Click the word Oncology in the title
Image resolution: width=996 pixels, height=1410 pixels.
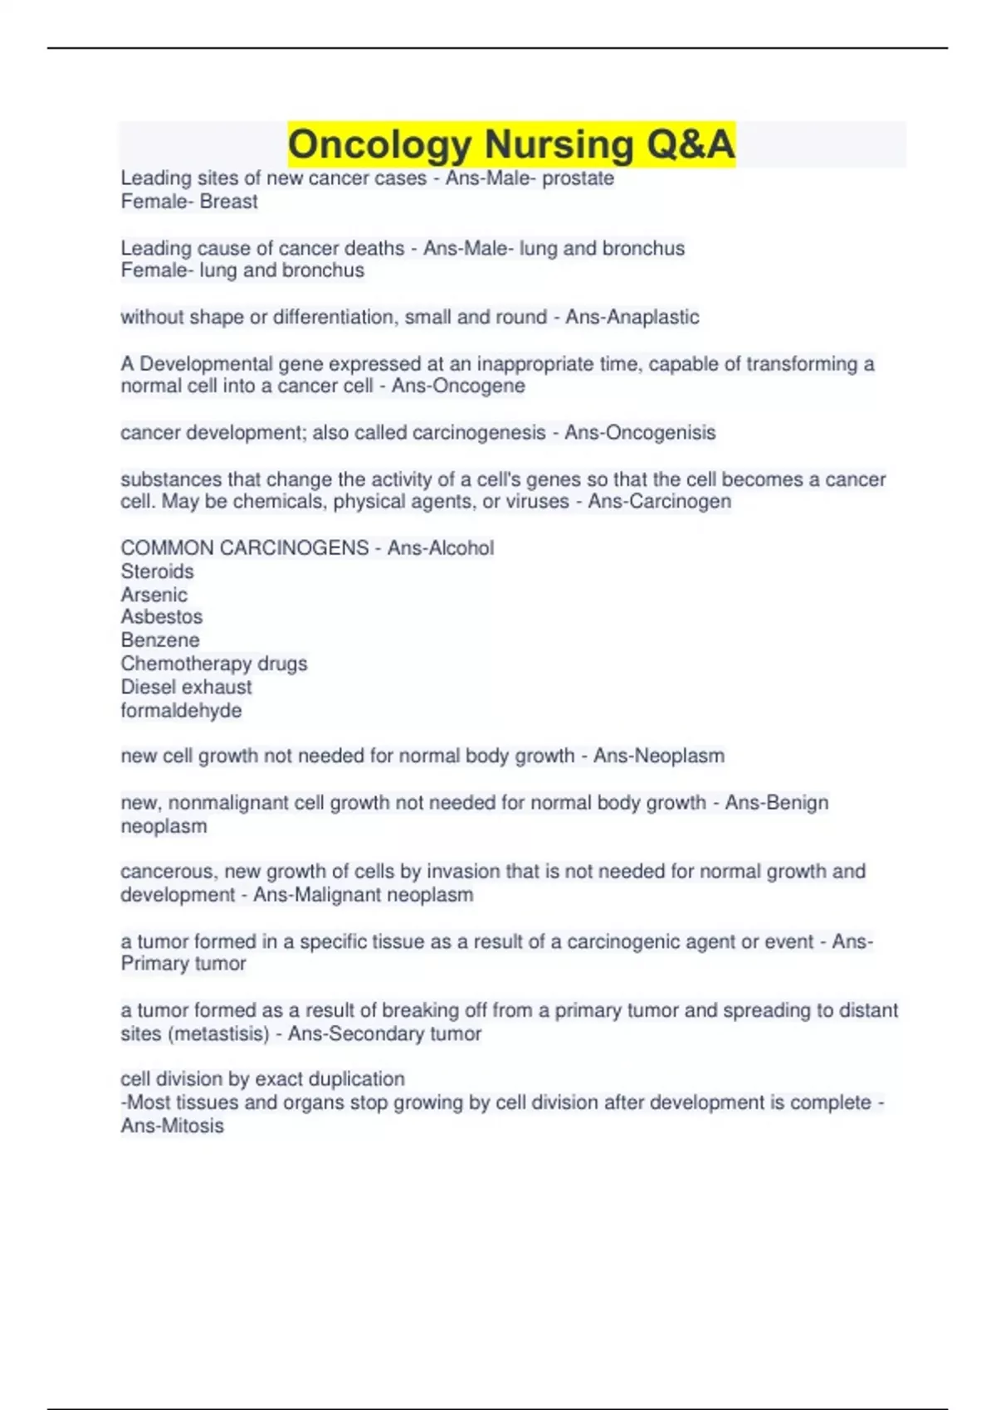tap(379, 144)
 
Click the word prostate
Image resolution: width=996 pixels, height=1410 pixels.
tap(578, 178)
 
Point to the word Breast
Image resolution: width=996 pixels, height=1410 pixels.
tap(228, 202)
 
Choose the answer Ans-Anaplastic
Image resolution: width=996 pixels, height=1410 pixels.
tap(632, 317)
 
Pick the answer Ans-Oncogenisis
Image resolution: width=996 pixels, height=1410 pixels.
tap(640, 433)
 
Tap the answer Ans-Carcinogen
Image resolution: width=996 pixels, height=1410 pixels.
tap(659, 502)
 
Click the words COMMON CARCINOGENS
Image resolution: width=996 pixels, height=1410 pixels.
tap(245, 548)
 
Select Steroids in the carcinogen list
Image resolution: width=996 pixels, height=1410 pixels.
tap(157, 571)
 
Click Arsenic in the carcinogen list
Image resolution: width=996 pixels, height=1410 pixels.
tap(154, 595)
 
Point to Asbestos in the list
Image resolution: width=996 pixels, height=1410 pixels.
tap(161, 617)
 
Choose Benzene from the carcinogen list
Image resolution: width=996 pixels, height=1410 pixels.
tap(159, 640)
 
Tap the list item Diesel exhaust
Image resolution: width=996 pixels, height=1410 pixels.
tap(186, 687)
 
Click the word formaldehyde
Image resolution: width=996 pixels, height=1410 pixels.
tap(181, 711)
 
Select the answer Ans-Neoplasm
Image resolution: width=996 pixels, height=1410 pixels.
tap(659, 756)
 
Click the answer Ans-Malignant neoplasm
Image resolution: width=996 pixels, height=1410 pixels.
tap(364, 895)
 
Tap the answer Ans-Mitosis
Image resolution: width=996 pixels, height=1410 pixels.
tap(172, 1126)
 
